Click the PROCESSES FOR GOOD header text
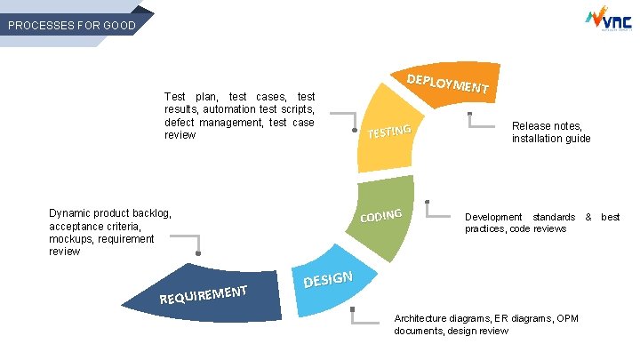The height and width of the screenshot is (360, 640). click(x=71, y=26)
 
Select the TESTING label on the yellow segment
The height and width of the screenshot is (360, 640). click(x=389, y=132)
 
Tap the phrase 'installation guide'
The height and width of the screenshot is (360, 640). click(x=551, y=139)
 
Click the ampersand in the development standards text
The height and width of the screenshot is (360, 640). click(x=588, y=217)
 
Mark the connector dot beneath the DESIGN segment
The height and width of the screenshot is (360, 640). click(x=353, y=310)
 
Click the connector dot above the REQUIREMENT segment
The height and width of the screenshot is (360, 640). click(x=198, y=255)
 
